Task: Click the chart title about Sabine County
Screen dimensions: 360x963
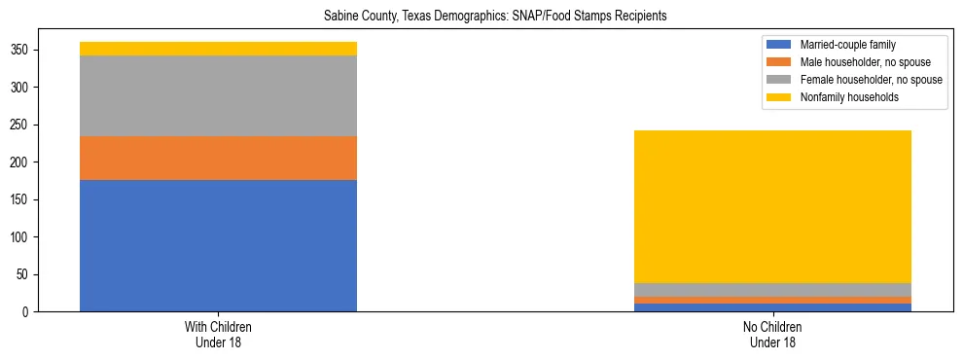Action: pyautogui.click(x=481, y=17)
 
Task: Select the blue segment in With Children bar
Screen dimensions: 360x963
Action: pyautogui.click(x=218, y=245)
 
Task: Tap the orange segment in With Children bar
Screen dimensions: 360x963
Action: pyautogui.click(x=218, y=158)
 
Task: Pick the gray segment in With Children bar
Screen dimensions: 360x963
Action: pyautogui.click(x=218, y=95)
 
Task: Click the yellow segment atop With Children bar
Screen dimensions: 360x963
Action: pyautogui.click(x=218, y=49)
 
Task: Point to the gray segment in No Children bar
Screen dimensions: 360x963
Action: pyautogui.click(x=772, y=290)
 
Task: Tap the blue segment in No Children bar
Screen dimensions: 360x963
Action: pyautogui.click(x=772, y=307)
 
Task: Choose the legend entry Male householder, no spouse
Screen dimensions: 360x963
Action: pyautogui.click(x=856, y=62)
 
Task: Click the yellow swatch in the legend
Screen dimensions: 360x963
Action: pyautogui.click(x=779, y=97)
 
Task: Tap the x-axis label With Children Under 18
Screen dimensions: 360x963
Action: pyautogui.click(x=218, y=333)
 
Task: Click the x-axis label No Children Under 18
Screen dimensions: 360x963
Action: pyautogui.click(x=772, y=333)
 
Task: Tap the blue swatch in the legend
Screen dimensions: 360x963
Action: pyautogui.click(x=779, y=45)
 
